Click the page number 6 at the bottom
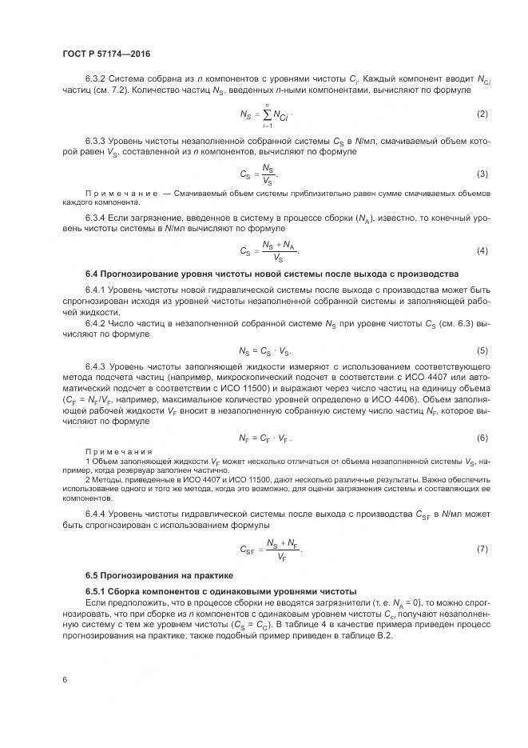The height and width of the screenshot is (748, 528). pyautogui.click(x=64, y=679)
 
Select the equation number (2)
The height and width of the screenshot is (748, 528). pyautogui.click(x=482, y=114)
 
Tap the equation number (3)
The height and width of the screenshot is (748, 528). pyautogui.click(x=482, y=174)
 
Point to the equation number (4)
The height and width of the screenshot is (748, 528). pyautogui.click(x=482, y=251)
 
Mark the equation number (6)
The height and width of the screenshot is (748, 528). pyautogui.click(x=482, y=438)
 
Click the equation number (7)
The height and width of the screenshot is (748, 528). pyautogui.click(x=482, y=548)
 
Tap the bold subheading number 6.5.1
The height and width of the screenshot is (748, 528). pyautogui.click(x=98, y=590)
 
